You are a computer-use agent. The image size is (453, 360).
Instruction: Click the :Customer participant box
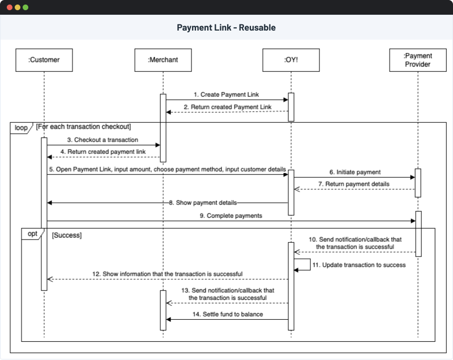[44, 60]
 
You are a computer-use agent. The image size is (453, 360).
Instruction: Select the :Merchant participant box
[163, 60]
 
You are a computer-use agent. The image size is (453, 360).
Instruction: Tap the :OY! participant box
[291, 60]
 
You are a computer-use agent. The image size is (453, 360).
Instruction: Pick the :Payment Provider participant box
[418, 60]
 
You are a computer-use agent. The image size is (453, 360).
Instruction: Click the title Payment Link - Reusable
[226, 28]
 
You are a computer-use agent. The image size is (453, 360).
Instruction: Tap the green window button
[25, 7]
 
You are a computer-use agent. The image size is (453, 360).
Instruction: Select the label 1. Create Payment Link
[226, 95]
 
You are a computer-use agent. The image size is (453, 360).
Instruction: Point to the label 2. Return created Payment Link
[227, 106]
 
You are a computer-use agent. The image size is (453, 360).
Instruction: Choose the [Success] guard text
[67, 234]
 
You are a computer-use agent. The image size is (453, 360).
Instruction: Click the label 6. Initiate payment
[354, 172]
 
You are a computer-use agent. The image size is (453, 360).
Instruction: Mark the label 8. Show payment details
[203, 203]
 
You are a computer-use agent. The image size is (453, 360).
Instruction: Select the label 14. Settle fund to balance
[228, 314]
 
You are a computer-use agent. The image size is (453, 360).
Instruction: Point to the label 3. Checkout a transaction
[102, 139]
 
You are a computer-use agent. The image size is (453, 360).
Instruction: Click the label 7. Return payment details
[354, 184]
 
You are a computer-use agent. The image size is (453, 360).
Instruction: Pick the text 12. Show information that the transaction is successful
[167, 274]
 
